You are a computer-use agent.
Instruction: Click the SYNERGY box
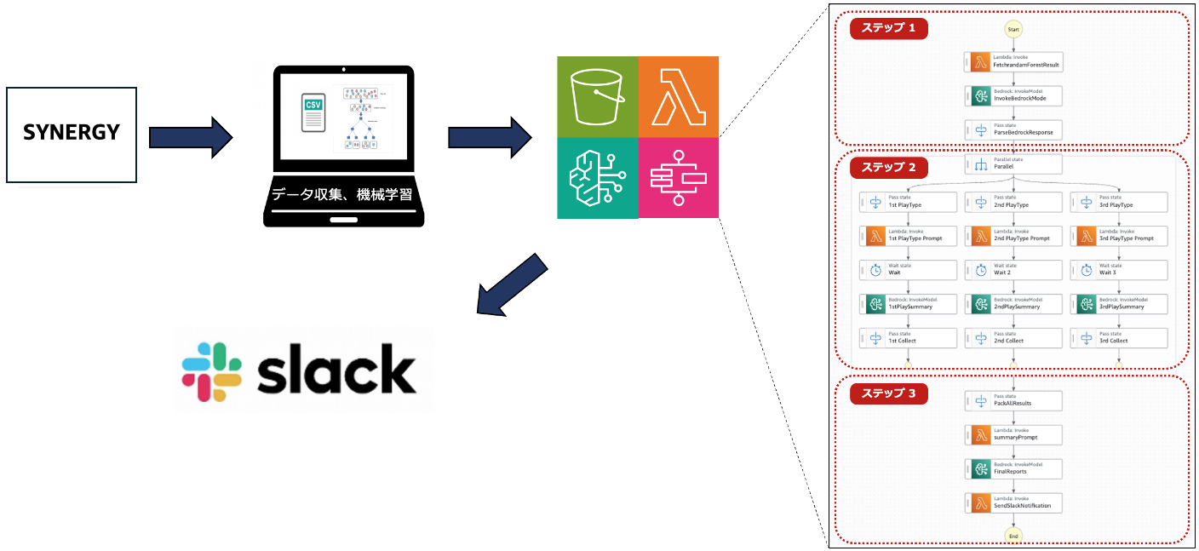72,134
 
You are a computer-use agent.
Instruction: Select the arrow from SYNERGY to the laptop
189,137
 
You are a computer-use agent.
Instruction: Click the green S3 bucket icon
597,96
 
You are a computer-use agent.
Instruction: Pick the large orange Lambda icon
679,96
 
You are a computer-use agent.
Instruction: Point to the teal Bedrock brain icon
597,178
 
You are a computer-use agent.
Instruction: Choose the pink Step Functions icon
679,178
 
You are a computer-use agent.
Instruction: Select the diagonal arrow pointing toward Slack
510,284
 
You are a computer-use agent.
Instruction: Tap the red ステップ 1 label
888,28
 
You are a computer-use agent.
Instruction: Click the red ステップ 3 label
888,394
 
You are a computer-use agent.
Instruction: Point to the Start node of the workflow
1013,29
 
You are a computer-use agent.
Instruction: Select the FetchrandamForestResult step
1013,62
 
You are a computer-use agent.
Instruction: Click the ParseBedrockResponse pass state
1013,129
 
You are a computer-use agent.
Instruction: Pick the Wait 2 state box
1013,270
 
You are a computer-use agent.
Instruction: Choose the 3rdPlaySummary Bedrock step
1119,304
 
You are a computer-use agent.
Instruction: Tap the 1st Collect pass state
908,338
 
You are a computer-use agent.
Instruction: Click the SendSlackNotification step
1013,502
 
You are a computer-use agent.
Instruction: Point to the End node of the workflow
1013,536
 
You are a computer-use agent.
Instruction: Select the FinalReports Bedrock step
1013,468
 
